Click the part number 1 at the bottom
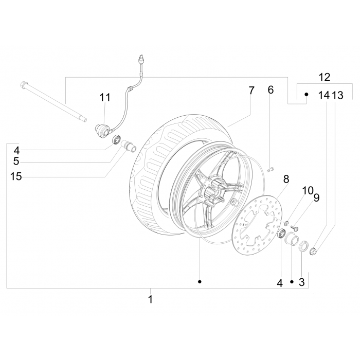(x=150, y=299)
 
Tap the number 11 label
(x=105, y=97)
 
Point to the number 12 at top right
(x=325, y=78)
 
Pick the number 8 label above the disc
(x=286, y=179)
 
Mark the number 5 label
(x=16, y=163)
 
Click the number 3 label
(x=302, y=282)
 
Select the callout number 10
(x=308, y=191)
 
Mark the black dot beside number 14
(x=305, y=95)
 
